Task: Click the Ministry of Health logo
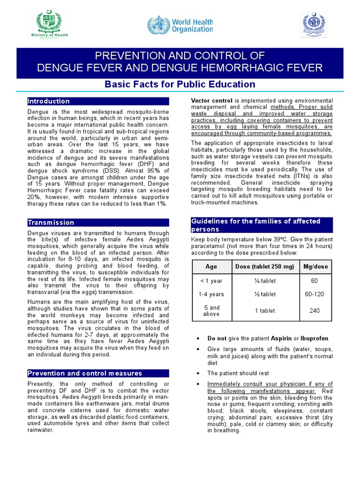49,25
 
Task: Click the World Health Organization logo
180,25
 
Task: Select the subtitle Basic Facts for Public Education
180,84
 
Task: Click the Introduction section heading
49,101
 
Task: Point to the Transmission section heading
51,222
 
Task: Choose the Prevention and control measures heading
84,373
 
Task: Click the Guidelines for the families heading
255,225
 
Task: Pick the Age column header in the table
211,267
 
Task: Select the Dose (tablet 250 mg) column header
264,267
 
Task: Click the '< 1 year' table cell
211,281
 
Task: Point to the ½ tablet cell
264,294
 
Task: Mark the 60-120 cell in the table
315,294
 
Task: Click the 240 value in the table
315,311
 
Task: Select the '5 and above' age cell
211,311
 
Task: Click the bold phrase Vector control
212,101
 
